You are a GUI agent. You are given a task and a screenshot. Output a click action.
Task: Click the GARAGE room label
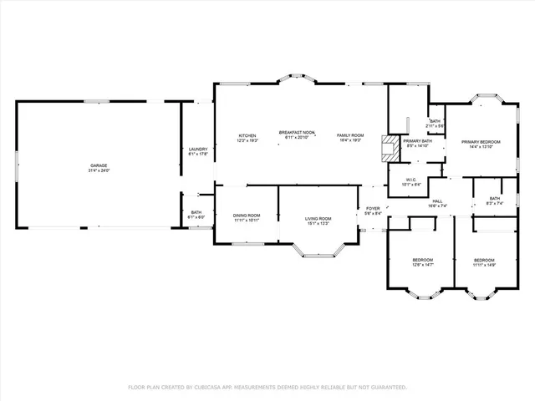pos(99,165)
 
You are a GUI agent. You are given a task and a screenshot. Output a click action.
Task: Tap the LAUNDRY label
pos(197,149)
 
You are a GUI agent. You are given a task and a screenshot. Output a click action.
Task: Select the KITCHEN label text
pos(247,135)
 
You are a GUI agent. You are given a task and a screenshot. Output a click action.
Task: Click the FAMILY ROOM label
pos(350,135)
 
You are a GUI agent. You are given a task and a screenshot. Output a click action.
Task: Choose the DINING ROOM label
pos(247,216)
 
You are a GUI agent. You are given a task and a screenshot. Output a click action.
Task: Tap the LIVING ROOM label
pos(318,219)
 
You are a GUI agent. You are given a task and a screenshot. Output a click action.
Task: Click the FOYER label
pos(373,208)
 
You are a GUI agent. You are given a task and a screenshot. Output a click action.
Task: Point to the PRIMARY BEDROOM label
pos(481,142)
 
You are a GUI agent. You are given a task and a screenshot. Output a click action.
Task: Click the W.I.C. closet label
pos(411,179)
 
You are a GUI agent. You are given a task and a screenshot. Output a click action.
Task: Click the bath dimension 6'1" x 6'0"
pos(196,217)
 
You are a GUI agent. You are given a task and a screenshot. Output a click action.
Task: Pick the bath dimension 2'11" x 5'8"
pos(435,126)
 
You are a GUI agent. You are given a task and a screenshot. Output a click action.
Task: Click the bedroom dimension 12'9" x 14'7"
pos(422,265)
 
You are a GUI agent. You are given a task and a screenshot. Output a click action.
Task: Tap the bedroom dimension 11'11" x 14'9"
pos(484,265)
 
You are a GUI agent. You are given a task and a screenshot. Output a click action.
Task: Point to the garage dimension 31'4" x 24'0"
pos(99,170)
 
